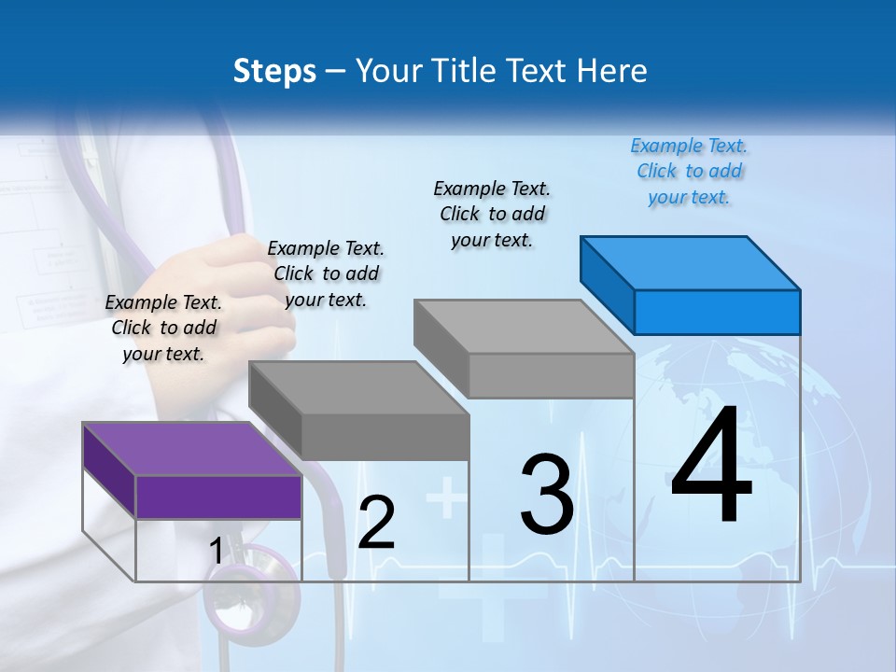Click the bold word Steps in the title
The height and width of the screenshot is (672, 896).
(x=274, y=71)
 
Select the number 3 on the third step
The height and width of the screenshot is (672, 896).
(x=547, y=495)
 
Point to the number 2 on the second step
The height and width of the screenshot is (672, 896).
(x=376, y=523)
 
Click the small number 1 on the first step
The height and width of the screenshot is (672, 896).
(x=216, y=552)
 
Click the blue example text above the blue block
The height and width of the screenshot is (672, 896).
(x=689, y=172)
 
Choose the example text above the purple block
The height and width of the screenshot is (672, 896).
(x=163, y=328)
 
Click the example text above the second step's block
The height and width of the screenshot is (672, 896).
(x=326, y=273)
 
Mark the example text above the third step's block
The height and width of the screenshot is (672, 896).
(x=492, y=214)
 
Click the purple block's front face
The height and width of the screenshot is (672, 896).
(x=219, y=497)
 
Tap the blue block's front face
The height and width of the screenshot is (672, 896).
(x=717, y=312)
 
